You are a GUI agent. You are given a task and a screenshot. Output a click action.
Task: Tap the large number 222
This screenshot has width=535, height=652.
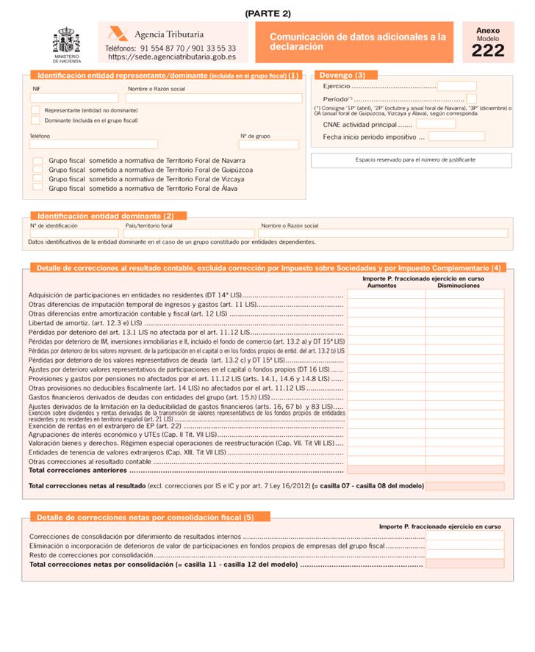pyautogui.click(x=488, y=50)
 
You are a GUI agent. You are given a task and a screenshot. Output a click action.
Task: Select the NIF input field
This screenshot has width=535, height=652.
pyautogui.click(x=73, y=98)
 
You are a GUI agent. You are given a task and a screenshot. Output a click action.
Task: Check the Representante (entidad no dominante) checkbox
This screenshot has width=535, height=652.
pyautogui.click(x=35, y=109)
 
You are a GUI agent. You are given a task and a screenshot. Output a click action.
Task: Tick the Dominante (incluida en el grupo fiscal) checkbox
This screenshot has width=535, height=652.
pyautogui.click(x=35, y=120)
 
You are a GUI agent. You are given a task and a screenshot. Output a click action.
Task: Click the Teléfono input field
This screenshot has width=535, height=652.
pyautogui.click(x=93, y=144)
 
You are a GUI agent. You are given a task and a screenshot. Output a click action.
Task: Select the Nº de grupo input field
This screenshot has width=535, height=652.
pyautogui.click(x=268, y=144)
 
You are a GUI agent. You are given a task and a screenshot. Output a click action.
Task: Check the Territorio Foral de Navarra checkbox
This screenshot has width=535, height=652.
pyautogui.click(x=37, y=160)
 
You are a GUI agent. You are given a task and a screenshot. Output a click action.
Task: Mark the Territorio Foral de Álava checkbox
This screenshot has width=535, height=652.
pyautogui.click(x=37, y=187)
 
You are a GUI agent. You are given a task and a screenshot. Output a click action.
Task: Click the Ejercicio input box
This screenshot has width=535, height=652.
pyautogui.click(x=457, y=86)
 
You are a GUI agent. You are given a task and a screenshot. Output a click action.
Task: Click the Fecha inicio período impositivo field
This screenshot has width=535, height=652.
pyautogui.click(x=456, y=137)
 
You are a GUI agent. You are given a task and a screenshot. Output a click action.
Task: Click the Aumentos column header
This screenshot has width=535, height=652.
pyautogui.click(x=382, y=286)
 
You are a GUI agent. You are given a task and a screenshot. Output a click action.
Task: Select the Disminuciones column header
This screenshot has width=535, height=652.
pyautogui.click(x=459, y=286)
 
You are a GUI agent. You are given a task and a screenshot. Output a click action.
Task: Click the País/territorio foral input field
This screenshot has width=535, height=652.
pyautogui.click(x=190, y=233)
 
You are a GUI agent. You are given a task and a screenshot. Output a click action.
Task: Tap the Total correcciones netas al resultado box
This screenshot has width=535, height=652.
pyautogui.click(x=464, y=486)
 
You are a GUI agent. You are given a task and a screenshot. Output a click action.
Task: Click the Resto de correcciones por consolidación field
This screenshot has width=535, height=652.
pyautogui.click(x=464, y=554)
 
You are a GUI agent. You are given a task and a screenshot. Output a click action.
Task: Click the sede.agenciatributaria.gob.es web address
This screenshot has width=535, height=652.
pyautogui.click(x=171, y=56)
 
